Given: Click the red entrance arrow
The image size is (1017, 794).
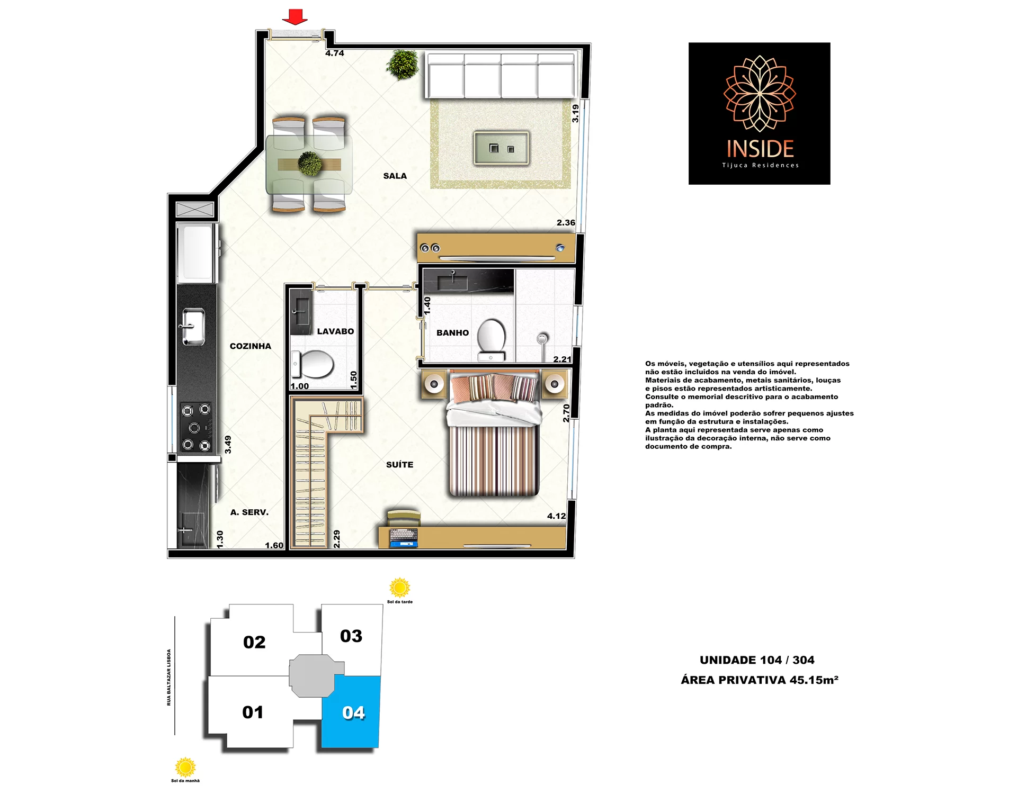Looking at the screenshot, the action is tap(295, 17).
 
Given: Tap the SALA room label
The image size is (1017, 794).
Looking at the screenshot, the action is tap(395, 176).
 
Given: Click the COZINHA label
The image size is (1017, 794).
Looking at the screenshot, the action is tap(251, 346).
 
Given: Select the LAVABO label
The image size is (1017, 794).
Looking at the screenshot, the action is tap(335, 331).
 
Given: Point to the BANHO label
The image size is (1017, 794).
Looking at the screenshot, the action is tap(452, 333).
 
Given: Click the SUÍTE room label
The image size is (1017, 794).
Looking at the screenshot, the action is tap(399, 465).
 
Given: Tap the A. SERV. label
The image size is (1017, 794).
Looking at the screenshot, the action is tap(249, 512).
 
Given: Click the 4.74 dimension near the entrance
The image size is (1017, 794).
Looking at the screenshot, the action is tap(335, 53).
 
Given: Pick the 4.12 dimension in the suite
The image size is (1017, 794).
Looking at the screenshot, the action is tap(556, 516).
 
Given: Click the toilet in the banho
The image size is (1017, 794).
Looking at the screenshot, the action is tap(492, 339).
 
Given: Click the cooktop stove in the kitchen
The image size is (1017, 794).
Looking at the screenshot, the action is tap(196, 427).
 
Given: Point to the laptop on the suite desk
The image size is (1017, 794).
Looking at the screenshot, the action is tap(404, 538).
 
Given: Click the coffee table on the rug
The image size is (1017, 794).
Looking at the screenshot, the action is tap(501, 148).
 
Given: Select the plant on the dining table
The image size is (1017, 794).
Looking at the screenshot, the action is tap(310, 164).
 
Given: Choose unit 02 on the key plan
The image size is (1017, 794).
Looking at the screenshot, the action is tap(254, 642).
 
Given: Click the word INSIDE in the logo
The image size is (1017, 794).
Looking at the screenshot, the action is tap(760, 149).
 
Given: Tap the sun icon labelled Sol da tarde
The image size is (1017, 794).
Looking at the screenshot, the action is tap(400, 588).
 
